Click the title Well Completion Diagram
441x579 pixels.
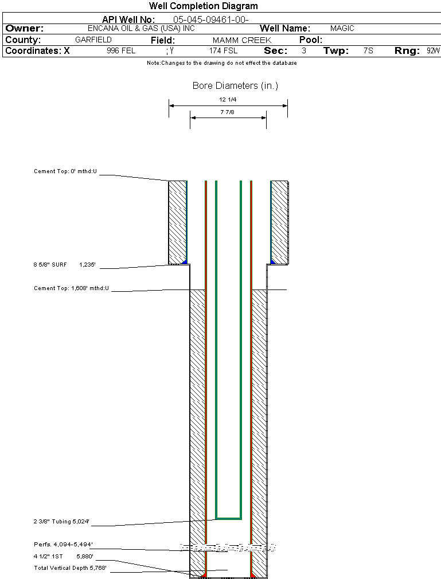[203, 6]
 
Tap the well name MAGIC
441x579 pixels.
[342, 28]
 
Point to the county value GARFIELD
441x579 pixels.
[93, 40]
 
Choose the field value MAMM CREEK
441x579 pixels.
[241, 40]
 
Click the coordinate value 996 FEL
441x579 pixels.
[121, 51]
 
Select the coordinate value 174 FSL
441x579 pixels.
[223, 51]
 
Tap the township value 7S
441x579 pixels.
[368, 51]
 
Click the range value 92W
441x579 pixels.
[433, 51]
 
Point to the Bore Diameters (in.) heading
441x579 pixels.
[235, 86]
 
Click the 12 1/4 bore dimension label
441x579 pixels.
[228, 100]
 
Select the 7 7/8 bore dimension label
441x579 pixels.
[228, 112]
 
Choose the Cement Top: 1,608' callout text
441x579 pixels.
[71, 288]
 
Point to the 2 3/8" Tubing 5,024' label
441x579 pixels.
[61, 522]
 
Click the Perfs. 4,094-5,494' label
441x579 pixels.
[63, 544]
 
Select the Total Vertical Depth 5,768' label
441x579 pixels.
[70, 568]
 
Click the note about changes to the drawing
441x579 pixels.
[222, 63]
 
